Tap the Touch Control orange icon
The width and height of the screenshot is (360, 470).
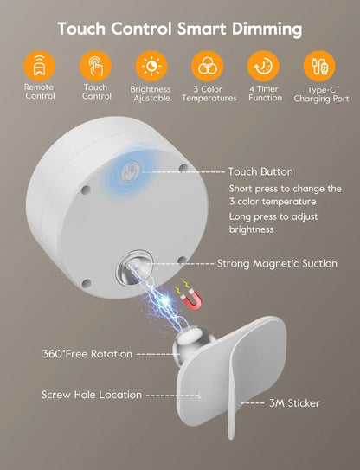(x=96, y=66)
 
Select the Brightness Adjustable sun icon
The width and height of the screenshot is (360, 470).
(x=151, y=66)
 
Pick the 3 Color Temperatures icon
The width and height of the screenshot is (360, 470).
(x=209, y=66)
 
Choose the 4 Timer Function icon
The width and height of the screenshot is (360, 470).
(x=263, y=66)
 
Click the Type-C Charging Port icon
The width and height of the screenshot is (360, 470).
(x=319, y=66)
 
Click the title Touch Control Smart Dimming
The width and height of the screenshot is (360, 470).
(x=180, y=29)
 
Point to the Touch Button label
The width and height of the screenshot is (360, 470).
(x=260, y=172)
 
